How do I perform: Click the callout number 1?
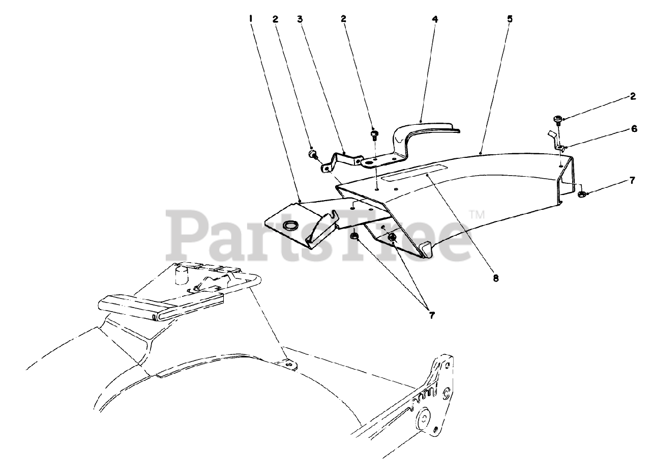pos(251,19)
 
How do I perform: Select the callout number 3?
pos(300,19)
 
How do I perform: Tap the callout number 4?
pos(434,19)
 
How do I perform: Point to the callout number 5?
pos(510,19)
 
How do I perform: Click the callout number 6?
pos(633,129)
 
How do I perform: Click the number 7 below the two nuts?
pos(431,315)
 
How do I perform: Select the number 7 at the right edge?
pos(632,180)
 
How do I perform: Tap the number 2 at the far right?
pos(632,97)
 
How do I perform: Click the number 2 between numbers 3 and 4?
pos(344,19)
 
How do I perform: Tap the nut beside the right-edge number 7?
pos(583,193)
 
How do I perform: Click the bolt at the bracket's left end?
pos(312,154)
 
